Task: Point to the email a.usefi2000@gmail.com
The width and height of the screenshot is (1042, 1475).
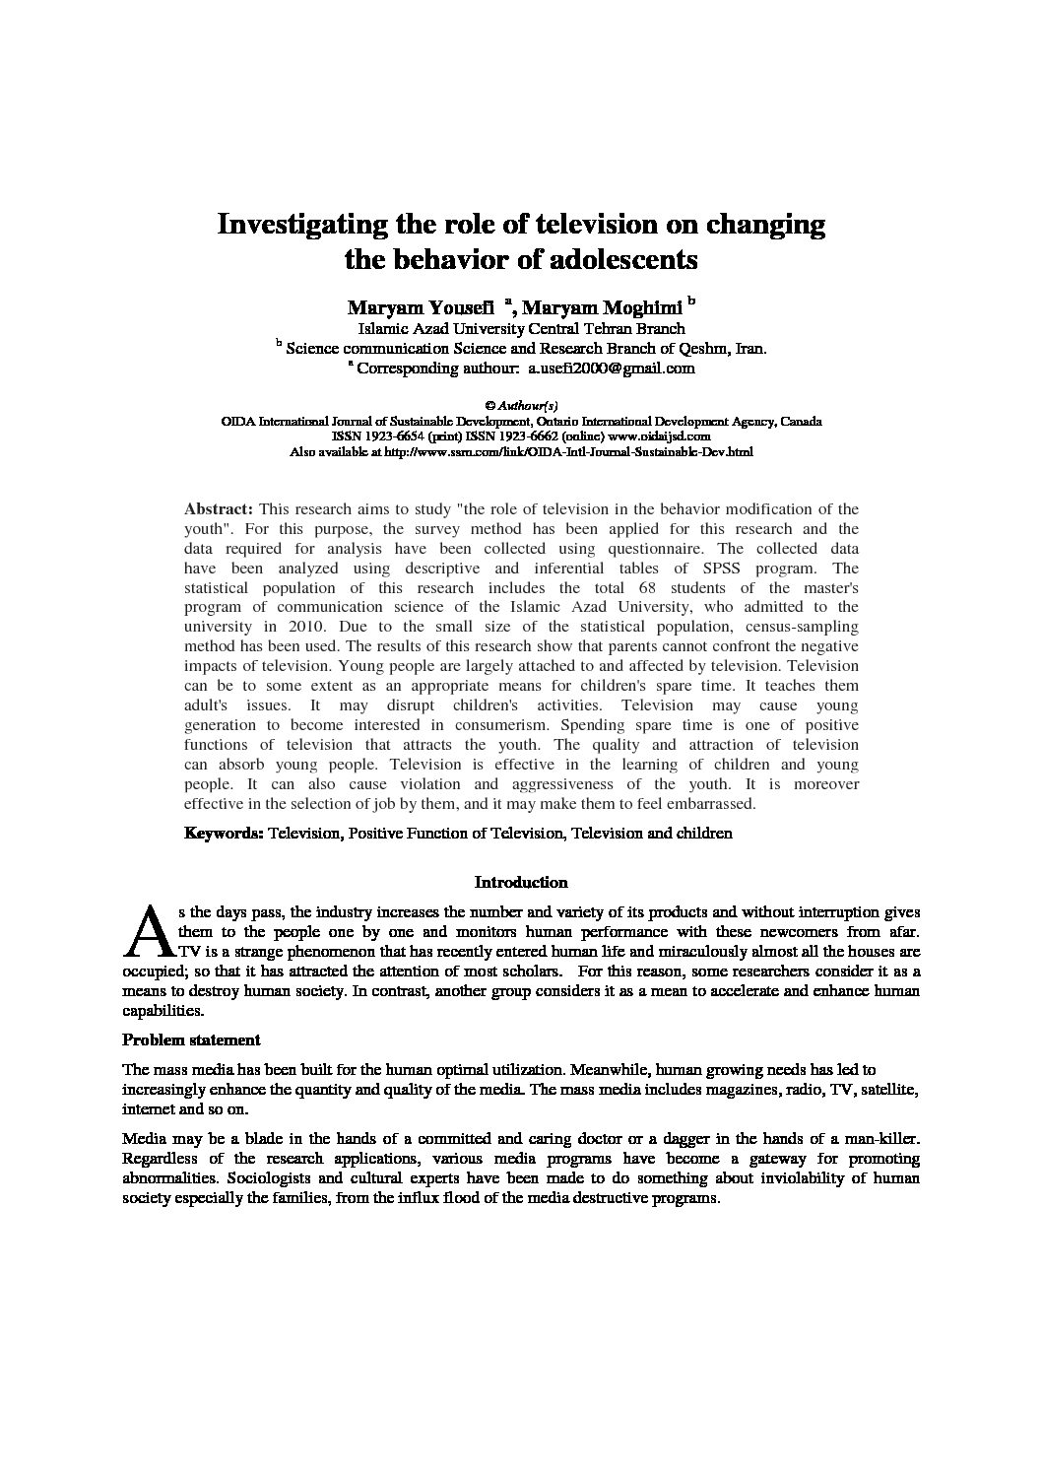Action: (x=611, y=369)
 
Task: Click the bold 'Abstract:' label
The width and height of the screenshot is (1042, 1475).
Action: (x=219, y=508)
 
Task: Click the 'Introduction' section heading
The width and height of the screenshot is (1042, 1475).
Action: (x=521, y=882)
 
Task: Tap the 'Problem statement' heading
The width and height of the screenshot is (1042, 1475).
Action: (x=191, y=1039)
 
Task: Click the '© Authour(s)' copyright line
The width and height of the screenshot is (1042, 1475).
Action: (x=521, y=405)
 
